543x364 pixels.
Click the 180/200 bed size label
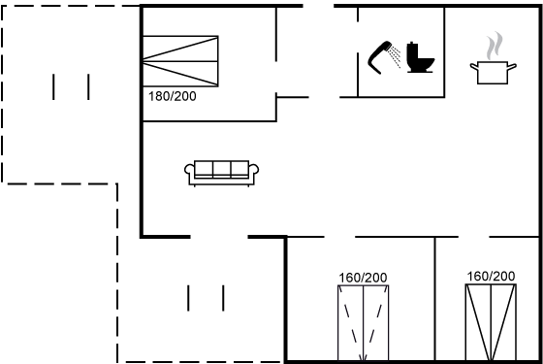[x=173, y=96]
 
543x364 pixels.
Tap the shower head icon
[x=384, y=57]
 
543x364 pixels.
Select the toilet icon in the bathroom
[x=420, y=57]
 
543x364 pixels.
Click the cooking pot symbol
[x=493, y=73]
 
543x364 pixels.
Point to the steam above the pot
[x=495, y=46]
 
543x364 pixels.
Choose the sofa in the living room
[x=222, y=173]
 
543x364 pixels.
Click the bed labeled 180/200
[x=180, y=61]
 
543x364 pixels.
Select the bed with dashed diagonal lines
[x=364, y=322]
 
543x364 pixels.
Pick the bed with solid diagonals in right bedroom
[x=491, y=322]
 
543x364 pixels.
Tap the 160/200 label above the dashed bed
[x=363, y=278]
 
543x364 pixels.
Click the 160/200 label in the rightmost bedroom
[x=491, y=277]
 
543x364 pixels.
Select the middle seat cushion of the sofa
[x=222, y=169]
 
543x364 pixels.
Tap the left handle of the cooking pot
[x=474, y=66]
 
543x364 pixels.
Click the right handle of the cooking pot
[x=512, y=66]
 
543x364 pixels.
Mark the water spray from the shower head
[x=395, y=57]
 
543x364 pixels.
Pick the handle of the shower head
[x=374, y=62]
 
